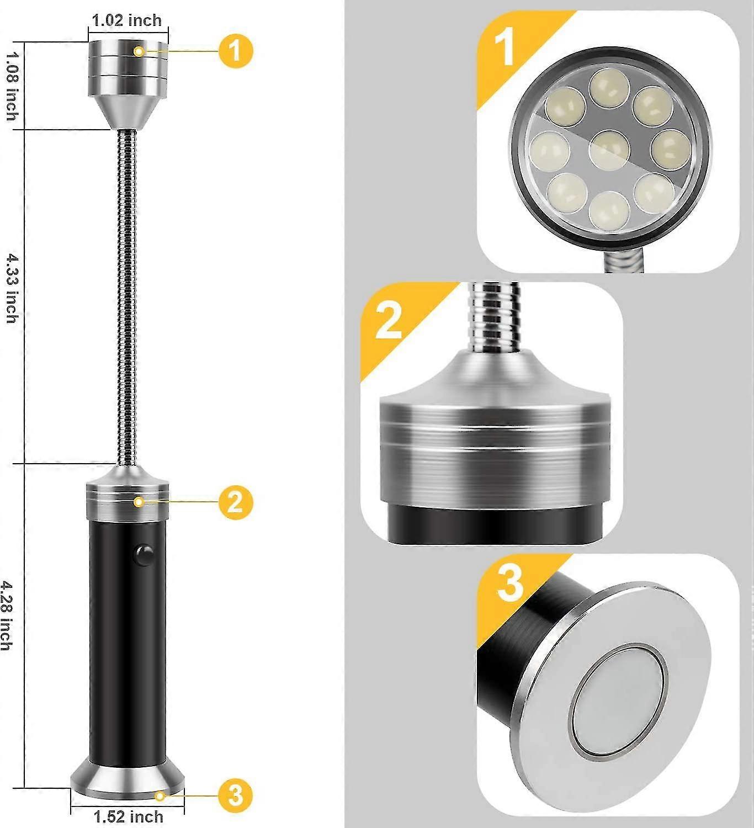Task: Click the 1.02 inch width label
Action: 126,21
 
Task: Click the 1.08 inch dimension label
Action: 11,86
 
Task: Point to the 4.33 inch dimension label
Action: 11,288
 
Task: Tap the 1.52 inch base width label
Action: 128,816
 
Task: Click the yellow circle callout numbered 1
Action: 236,51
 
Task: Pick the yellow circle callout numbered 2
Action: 236,502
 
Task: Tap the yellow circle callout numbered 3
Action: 236,795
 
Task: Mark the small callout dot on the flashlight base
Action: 160,795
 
